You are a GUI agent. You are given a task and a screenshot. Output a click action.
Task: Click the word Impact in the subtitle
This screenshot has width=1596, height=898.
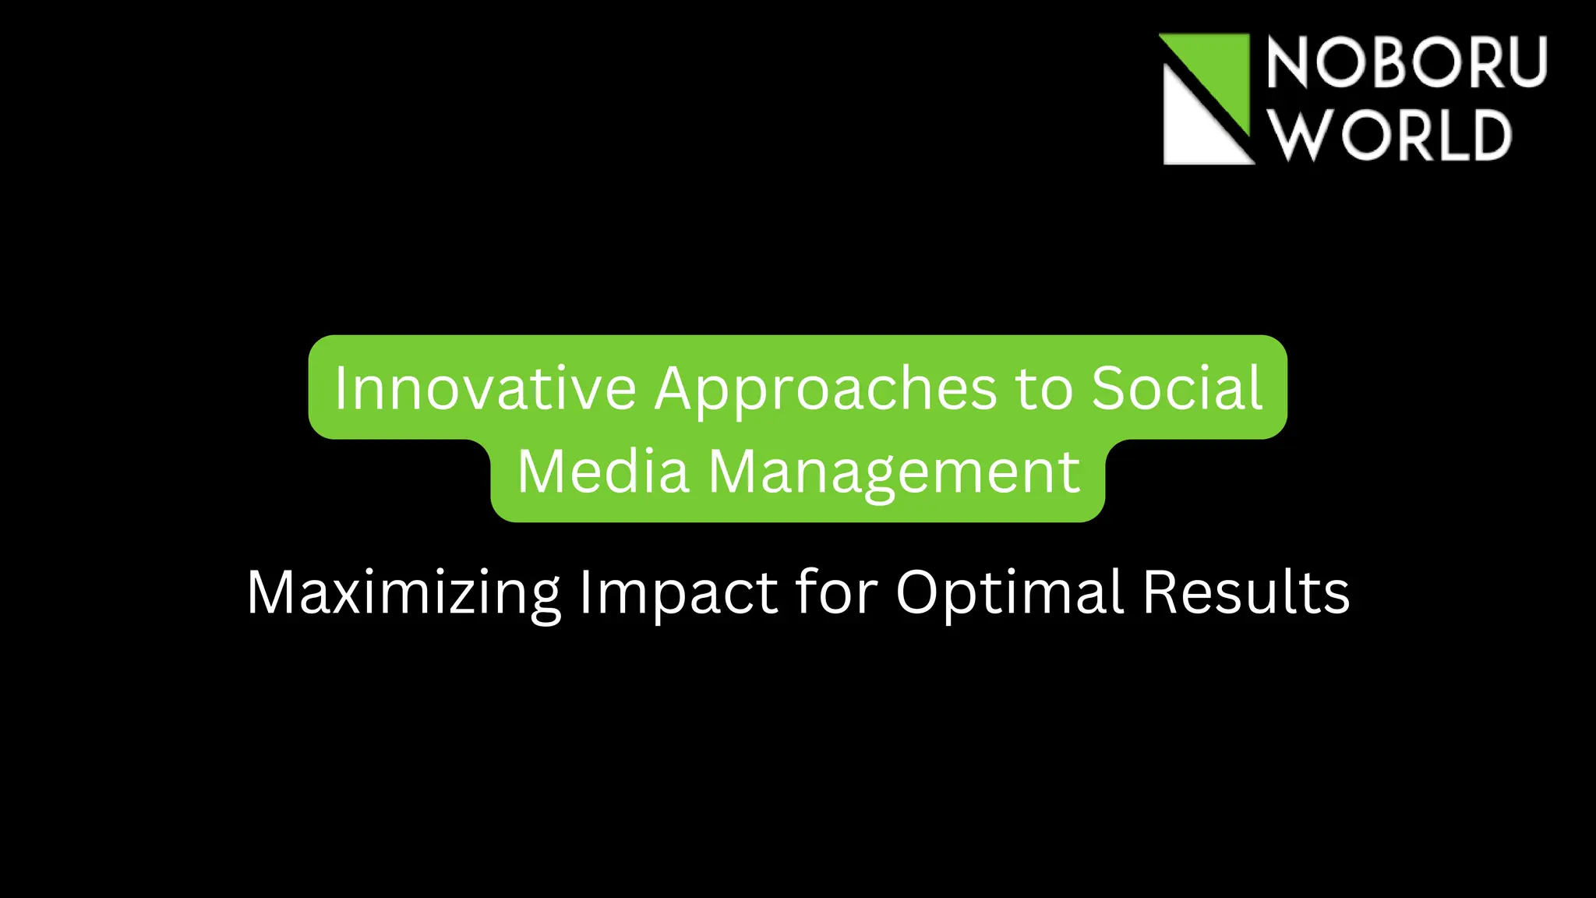(x=678, y=592)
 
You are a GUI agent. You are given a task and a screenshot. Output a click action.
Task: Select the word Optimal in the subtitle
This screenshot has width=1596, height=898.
(x=1009, y=592)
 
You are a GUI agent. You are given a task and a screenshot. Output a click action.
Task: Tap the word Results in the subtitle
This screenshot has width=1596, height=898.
(x=1245, y=592)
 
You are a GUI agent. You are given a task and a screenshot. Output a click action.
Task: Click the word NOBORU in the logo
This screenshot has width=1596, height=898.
(x=1406, y=62)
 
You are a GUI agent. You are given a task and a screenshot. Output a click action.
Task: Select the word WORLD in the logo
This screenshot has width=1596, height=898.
(x=1390, y=134)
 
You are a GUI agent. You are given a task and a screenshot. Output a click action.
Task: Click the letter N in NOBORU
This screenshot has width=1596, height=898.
(x=1287, y=62)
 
